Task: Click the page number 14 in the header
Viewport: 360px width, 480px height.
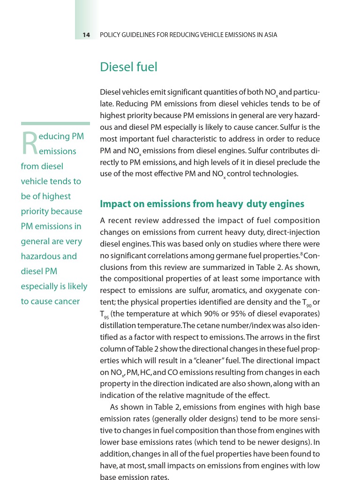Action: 86,35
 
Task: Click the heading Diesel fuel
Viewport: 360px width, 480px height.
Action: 128,67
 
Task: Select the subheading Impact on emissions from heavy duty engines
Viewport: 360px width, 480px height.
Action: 202,204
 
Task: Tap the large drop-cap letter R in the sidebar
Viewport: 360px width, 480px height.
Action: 30,143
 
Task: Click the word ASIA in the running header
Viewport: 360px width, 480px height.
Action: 270,35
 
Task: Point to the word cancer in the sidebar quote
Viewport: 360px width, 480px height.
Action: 67,301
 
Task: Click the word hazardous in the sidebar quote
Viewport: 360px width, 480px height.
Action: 41,256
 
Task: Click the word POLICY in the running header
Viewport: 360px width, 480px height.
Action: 111,35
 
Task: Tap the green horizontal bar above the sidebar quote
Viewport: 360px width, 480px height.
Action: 55,124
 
